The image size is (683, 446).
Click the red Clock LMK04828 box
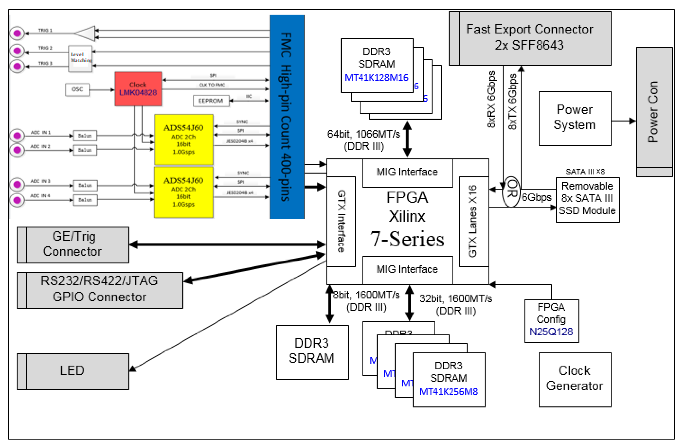click(138, 89)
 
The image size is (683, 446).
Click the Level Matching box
click(80, 58)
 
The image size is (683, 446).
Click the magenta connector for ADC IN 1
click(17, 135)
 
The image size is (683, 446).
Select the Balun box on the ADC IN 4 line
click(85, 200)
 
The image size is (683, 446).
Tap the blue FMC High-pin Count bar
click(286, 117)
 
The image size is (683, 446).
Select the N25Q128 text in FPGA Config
click(551, 332)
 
